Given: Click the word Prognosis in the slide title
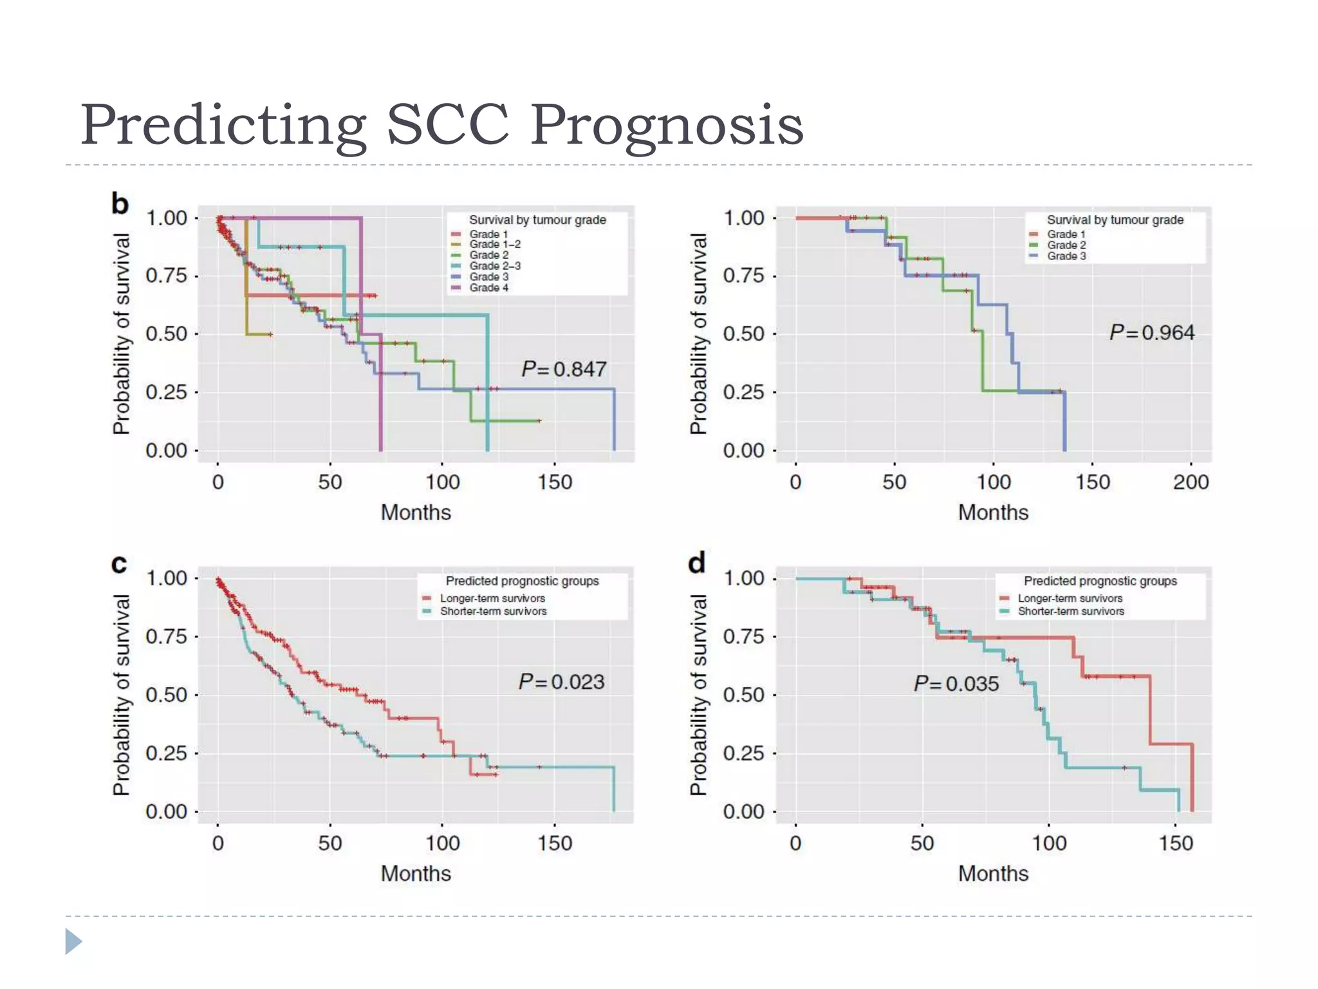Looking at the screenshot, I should pyautogui.click(x=667, y=125).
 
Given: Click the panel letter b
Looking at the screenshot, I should pyautogui.click(x=120, y=203).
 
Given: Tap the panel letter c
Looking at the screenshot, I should pyautogui.click(x=119, y=563).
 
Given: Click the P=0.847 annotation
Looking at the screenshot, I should pyautogui.click(x=564, y=369).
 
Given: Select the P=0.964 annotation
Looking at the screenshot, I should pyautogui.click(x=1151, y=332).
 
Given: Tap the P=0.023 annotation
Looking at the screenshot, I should pyautogui.click(x=561, y=682).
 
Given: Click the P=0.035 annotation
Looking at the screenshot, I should pyautogui.click(x=956, y=684).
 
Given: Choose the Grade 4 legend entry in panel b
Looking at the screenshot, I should pyautogui.click(x=488, y=288).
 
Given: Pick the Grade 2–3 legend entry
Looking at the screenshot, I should pyautogui.click(x=494, y=266).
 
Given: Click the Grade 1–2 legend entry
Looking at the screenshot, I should pyautogui.click(x=494, y=244).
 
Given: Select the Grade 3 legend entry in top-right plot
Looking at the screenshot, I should pyautogui.click(x=1066, y=256).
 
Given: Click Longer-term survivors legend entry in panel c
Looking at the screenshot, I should pyautogui.click(x=492, y=598).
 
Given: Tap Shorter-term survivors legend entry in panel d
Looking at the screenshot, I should pyautogui.click(x=1070, y=612).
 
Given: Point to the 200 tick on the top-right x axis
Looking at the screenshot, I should pyautogui.click(x=1191, y=482).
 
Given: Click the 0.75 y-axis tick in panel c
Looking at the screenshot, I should pyautogui.click(x=166, y=637).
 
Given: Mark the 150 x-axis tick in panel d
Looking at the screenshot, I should pyautogui.click(x=1176, y=843).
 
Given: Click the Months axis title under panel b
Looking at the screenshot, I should pyautogui.click(x=416, y=513).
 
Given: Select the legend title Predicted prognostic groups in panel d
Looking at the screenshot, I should pyautogui.click(x=1100, y=581).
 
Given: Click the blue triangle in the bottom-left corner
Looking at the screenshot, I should pyautogui.click(x=73, y=941).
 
